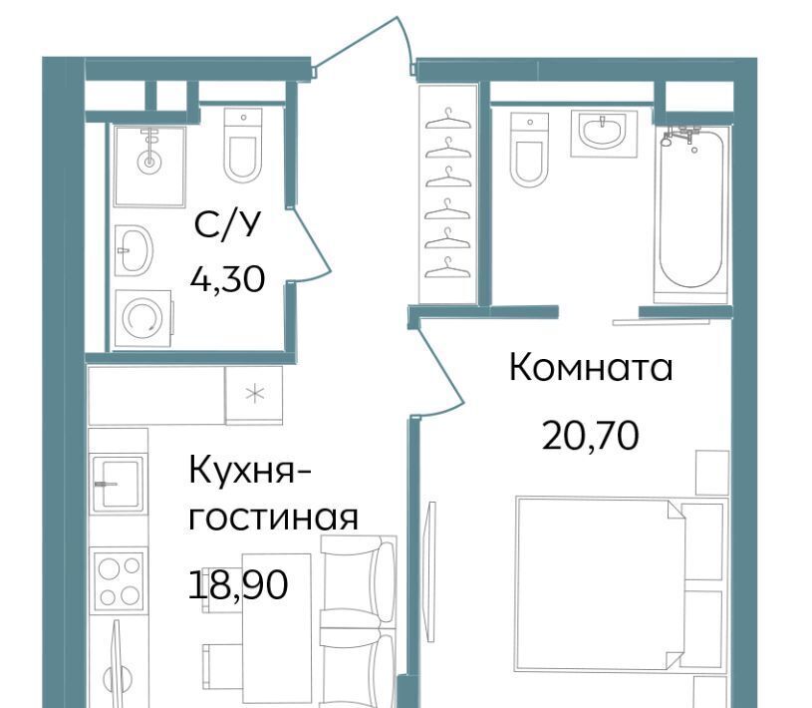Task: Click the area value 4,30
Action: pos(227,280)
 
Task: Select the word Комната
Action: pos(591,368)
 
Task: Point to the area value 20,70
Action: pos(591,436)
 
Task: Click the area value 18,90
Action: pos(238,584)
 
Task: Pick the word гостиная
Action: pos(273,518)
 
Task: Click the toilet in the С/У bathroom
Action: pos(243,146)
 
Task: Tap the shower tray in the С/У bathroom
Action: pos(149,167)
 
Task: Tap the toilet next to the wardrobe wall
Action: pos(529,150)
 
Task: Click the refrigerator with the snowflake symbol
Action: pos(254,395)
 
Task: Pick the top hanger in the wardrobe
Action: pos(448,121)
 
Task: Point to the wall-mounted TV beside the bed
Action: pos(429,571)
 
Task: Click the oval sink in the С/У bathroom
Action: pos(134,250)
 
